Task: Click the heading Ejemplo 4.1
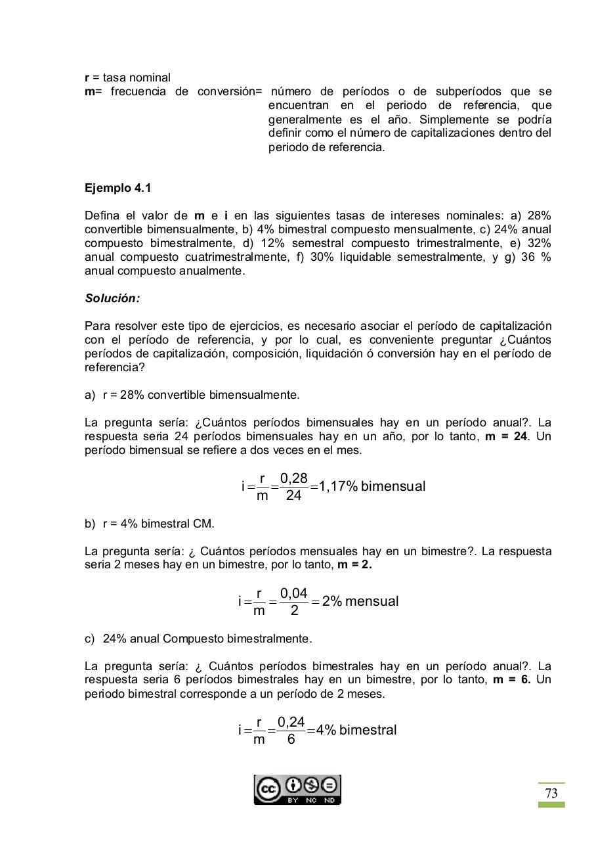tap(118, 188)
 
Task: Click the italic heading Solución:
tap(112, 298)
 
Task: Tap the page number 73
tap(551, 794)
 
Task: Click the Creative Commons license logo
tap(297, 790)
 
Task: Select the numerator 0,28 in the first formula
tap(293, 478)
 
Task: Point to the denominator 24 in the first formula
tap(293, 496)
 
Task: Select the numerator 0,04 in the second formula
tap(293, 593)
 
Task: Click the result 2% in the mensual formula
tap(332, 602)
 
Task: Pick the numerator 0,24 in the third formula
tap(291, 722)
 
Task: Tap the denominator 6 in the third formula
tap(291, 740)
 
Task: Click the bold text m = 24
tap(506, 436)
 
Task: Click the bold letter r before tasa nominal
tap(87, 78)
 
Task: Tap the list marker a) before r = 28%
tap(90, 395)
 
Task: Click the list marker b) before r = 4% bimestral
tap(90, 524)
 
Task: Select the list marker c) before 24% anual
tap(90, 639)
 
